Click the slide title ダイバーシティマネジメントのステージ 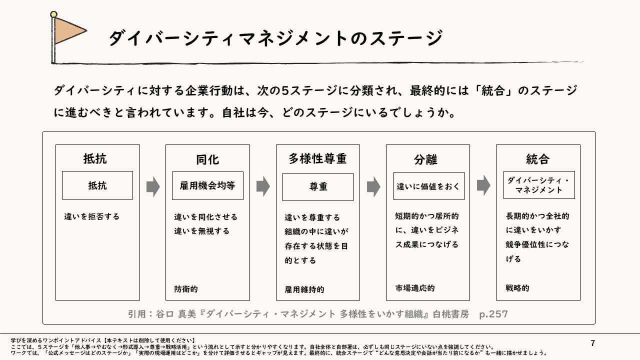tap(275, 38)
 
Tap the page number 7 tap(593, 343)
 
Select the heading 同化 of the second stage tap(207, 159)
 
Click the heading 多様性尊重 tap(317, 158)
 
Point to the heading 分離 tap(425, 159)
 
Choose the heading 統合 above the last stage tap(537, 159)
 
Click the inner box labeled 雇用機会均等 tap(207, 185)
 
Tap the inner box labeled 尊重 tap(318, 187)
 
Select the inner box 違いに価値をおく tap(428, 186)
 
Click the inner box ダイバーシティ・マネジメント tap(539, 185)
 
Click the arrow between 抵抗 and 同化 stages tap(153, 186)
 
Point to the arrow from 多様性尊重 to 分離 tap(373, 186)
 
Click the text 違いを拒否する tap(92, 217)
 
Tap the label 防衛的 tap(186, 289)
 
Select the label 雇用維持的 tap(304, 289)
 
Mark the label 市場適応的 tap(415, 288)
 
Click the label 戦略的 tap(517, 288)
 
